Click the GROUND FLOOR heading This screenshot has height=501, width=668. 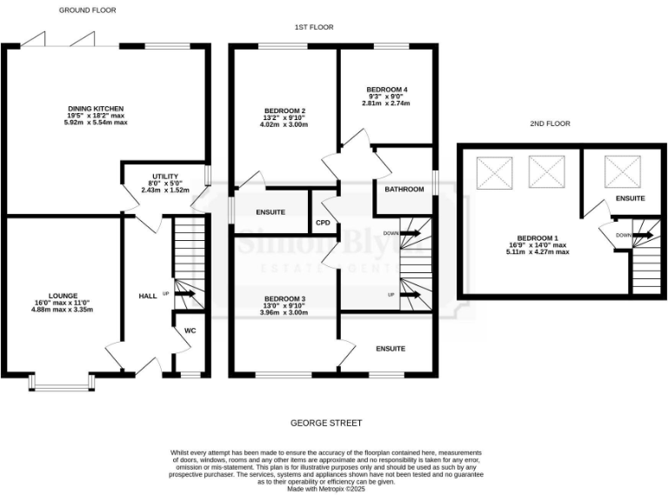[87, 10]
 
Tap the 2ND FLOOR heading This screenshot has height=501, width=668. [549, 124]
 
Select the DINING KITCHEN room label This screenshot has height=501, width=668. [97, 109]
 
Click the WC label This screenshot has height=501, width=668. [190, 331]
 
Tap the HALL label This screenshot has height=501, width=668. [148, 297]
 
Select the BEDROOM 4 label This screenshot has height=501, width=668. [386, 90]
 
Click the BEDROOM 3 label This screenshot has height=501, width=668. [285, 298]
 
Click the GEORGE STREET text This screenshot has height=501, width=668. [326, 424]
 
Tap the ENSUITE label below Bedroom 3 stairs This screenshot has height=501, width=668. [391, 349]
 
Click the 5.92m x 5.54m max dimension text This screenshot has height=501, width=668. [97, 123]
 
